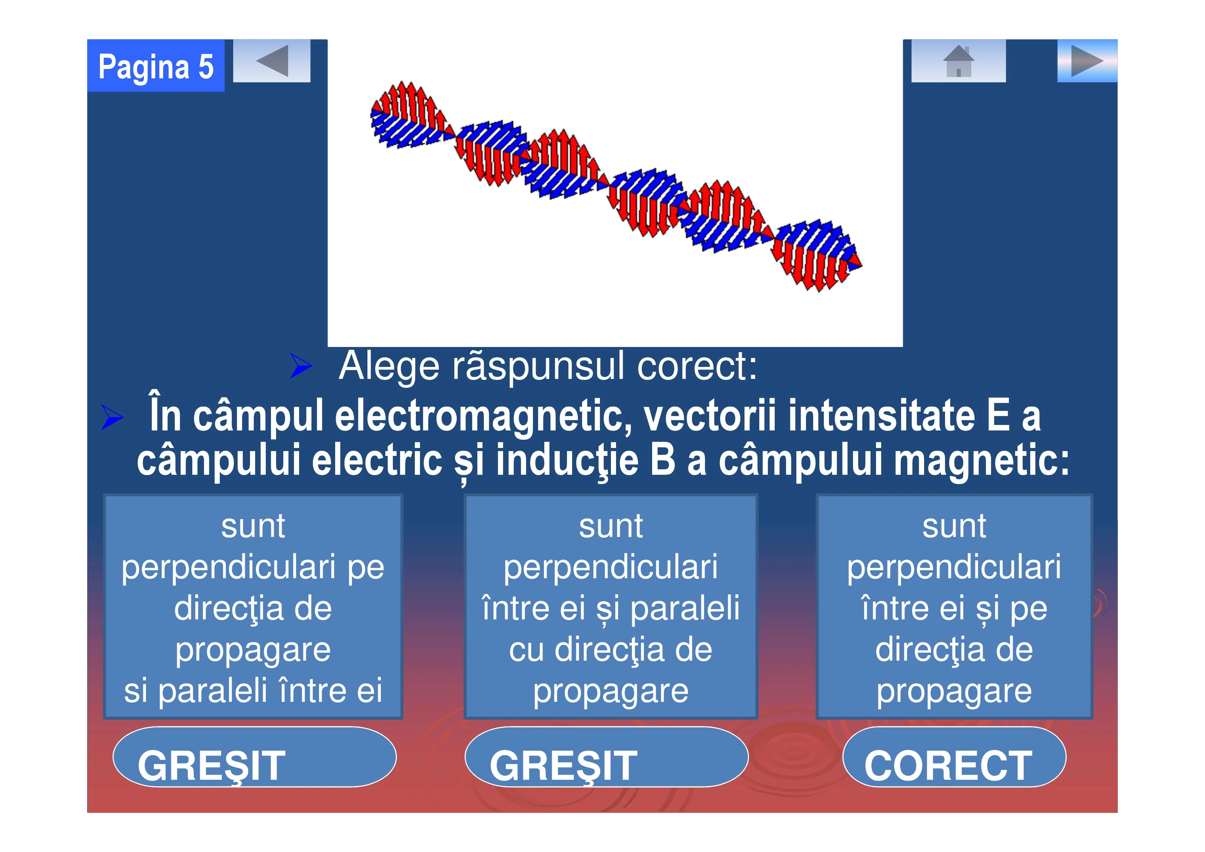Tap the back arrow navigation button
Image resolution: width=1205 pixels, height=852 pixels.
[272, 61]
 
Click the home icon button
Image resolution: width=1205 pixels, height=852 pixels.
[958, 61]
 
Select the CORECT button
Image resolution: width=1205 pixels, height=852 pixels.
[954, 757]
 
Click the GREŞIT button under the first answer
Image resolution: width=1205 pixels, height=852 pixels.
[254, 757]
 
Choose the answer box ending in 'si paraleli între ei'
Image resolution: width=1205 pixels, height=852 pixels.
[253, 606]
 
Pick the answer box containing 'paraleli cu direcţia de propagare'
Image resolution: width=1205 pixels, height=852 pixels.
[611, 606]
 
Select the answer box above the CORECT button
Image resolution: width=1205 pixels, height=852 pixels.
[954, 606]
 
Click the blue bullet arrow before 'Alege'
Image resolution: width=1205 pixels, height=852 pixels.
[301, 366]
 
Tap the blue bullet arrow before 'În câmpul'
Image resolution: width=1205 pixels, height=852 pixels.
[112, 418]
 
